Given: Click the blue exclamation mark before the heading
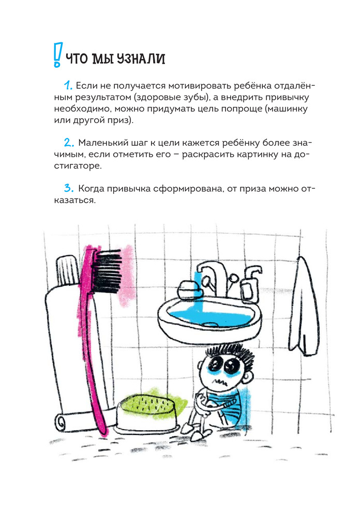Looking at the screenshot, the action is (58, 55).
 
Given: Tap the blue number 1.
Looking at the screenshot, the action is (68, 85).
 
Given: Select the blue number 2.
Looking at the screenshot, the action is (69, 143).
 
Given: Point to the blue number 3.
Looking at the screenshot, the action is (69, 189).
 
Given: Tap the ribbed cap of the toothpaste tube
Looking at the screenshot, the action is (68, 270).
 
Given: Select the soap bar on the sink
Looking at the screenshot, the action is (189, 288).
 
